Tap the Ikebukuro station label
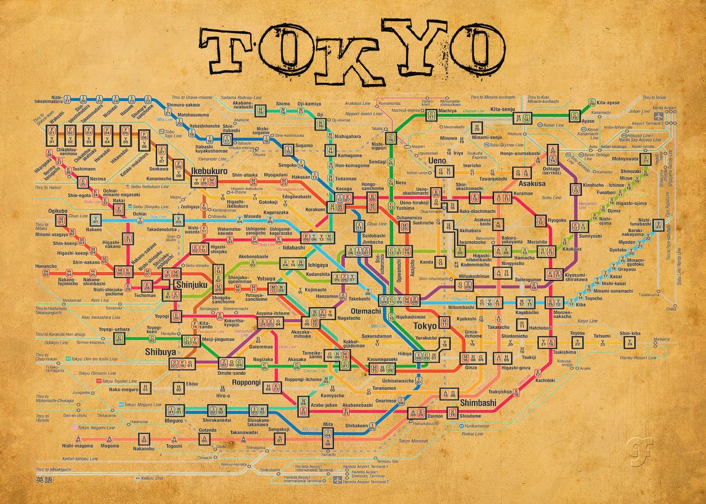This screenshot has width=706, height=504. point(209,172)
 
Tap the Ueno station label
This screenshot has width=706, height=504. point(454,160)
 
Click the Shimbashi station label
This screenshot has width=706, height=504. point(478,403)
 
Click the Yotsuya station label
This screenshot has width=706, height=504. point(266,278)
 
